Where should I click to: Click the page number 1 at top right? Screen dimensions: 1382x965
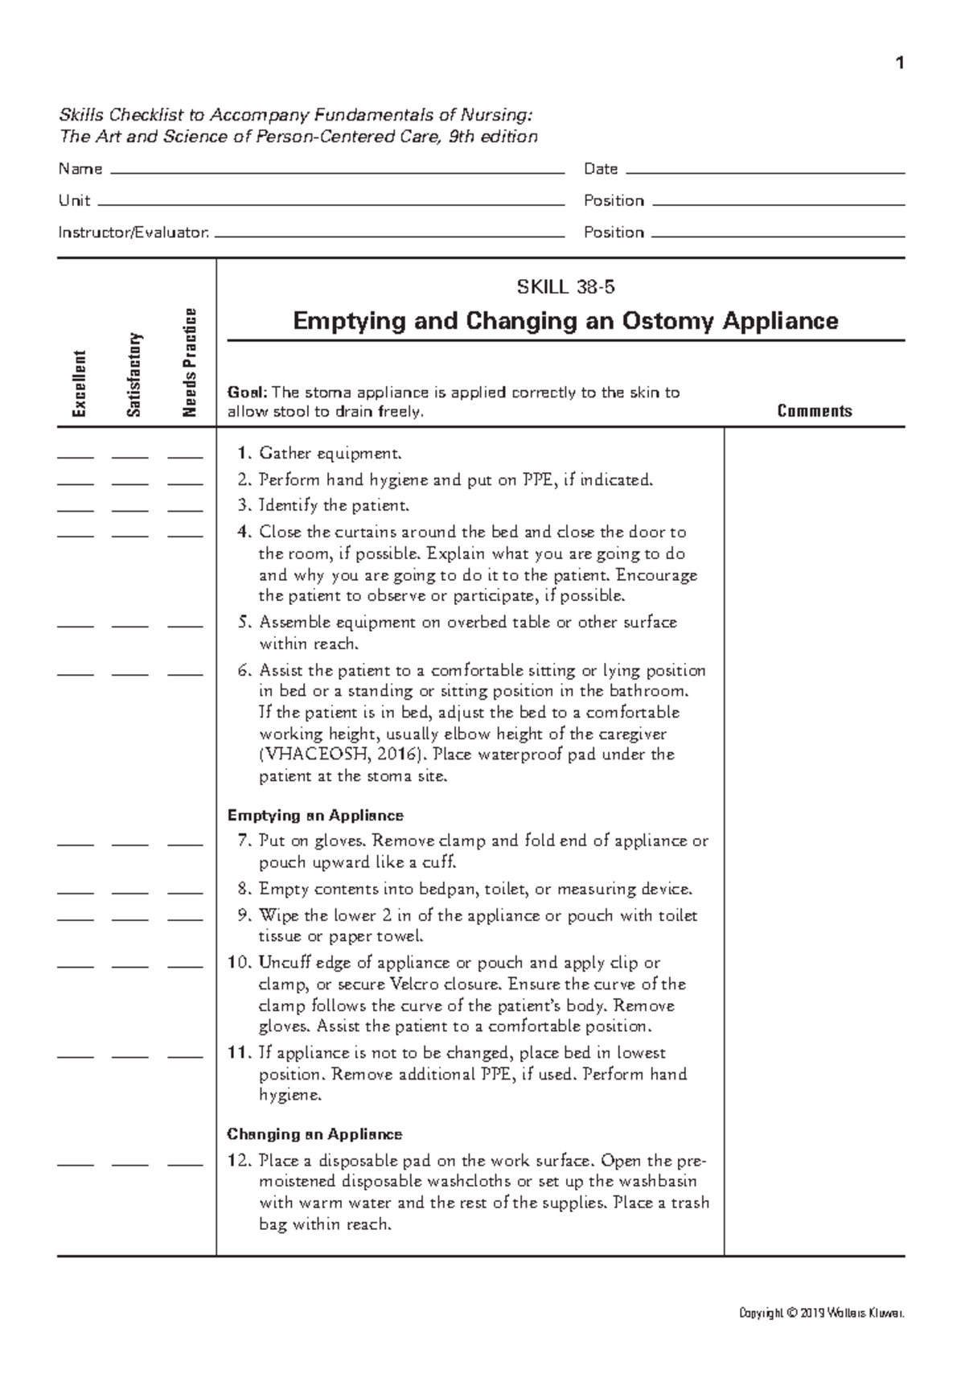[x=900, y=63]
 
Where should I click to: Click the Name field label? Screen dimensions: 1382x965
[x=80, y=169]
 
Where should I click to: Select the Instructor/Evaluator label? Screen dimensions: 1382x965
[x=133, y=232]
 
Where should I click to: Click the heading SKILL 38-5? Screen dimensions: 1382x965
[x=565, y=286]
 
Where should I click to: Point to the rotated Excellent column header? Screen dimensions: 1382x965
[x=78, y=384]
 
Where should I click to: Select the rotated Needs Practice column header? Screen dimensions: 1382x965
[x=189, y=363]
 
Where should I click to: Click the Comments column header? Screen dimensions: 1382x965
[x=814, y=411]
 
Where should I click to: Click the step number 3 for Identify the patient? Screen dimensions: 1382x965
[x=244, y=506]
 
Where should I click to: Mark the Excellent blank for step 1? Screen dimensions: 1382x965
[x=76, y=457]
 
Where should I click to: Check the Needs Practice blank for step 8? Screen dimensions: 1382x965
[x=185, y=893]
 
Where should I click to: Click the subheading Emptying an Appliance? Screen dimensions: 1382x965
[x=315, y=816]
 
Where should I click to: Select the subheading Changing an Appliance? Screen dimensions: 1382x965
[x=314, y=1134]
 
